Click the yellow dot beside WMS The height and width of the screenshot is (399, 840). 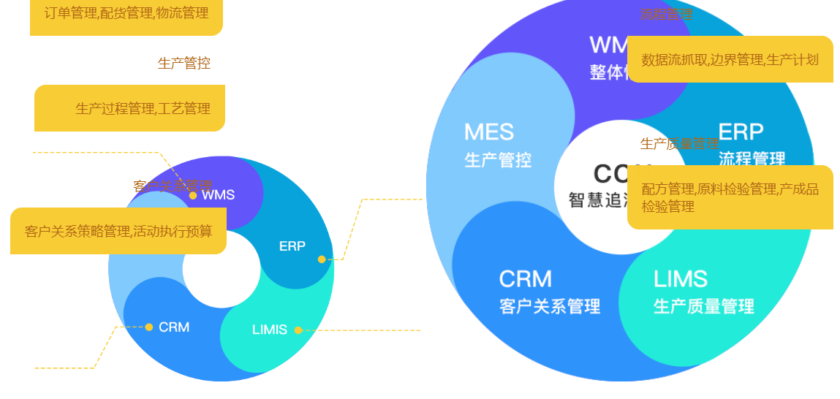coord(193,195)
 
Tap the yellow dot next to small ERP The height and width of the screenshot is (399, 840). coord(322,259)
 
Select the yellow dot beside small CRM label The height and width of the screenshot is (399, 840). coord(149,327)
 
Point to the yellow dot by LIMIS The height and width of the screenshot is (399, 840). coord(298,330)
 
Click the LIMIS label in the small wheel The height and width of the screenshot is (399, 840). coord(270,330)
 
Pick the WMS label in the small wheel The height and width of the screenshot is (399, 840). coord(218,195)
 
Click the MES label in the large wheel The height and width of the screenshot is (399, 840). coord(489,132)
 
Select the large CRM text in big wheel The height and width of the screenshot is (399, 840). coord(525,279)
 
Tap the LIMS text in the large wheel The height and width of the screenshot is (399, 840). coord(680,279)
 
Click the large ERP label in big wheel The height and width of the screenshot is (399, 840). coord(741,132)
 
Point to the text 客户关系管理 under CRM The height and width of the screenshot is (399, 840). coord(550,306)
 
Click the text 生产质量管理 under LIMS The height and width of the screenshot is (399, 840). coord(704,306)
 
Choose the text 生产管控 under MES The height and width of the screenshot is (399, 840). coord(498,160)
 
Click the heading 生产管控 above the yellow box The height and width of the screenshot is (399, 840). coord(184,64)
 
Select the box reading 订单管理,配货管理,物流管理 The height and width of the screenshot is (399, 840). coord(126,15)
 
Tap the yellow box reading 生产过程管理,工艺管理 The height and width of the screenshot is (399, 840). coord(130,108)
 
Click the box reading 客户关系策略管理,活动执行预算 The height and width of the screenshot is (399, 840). coord(118,231)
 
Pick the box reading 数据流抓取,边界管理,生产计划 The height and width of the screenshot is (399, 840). coord(730,59)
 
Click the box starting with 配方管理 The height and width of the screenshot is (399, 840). coord(730,197)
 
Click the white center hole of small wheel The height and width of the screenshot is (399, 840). coord(222,268)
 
